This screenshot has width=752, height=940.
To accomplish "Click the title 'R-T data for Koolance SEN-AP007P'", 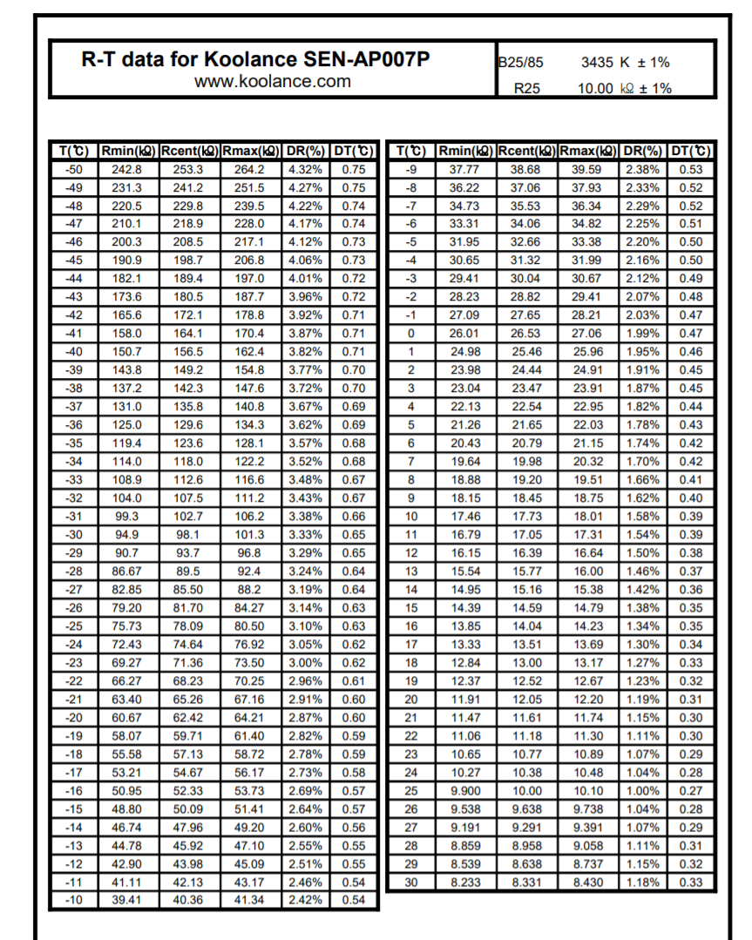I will click(255, 60).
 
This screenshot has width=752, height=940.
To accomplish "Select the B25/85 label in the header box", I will click(520, 63).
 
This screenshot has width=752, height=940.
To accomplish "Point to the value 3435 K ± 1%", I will click(625, 63).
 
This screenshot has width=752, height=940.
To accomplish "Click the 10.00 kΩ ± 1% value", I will click(624, 88).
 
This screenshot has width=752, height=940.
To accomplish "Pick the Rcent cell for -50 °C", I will click(188, 169).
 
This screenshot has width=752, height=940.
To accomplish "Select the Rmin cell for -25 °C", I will click(127, 649).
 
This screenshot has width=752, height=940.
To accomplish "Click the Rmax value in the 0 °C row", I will click(587, 332).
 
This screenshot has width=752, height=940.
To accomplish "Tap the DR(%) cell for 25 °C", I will click(643, 790).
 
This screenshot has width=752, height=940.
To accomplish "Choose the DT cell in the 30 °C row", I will click(690, 883).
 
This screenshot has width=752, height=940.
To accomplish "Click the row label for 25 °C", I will click(411, 790).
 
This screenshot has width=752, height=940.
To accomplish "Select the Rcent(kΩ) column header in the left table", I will click(188, 151).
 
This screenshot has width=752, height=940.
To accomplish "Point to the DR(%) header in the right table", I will click(643, 151).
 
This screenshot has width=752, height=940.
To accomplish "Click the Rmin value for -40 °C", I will click(127, 351).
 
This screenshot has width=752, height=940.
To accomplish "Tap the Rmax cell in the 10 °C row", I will click(587, 517).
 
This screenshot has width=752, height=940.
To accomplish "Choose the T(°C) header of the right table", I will click(411, 151).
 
